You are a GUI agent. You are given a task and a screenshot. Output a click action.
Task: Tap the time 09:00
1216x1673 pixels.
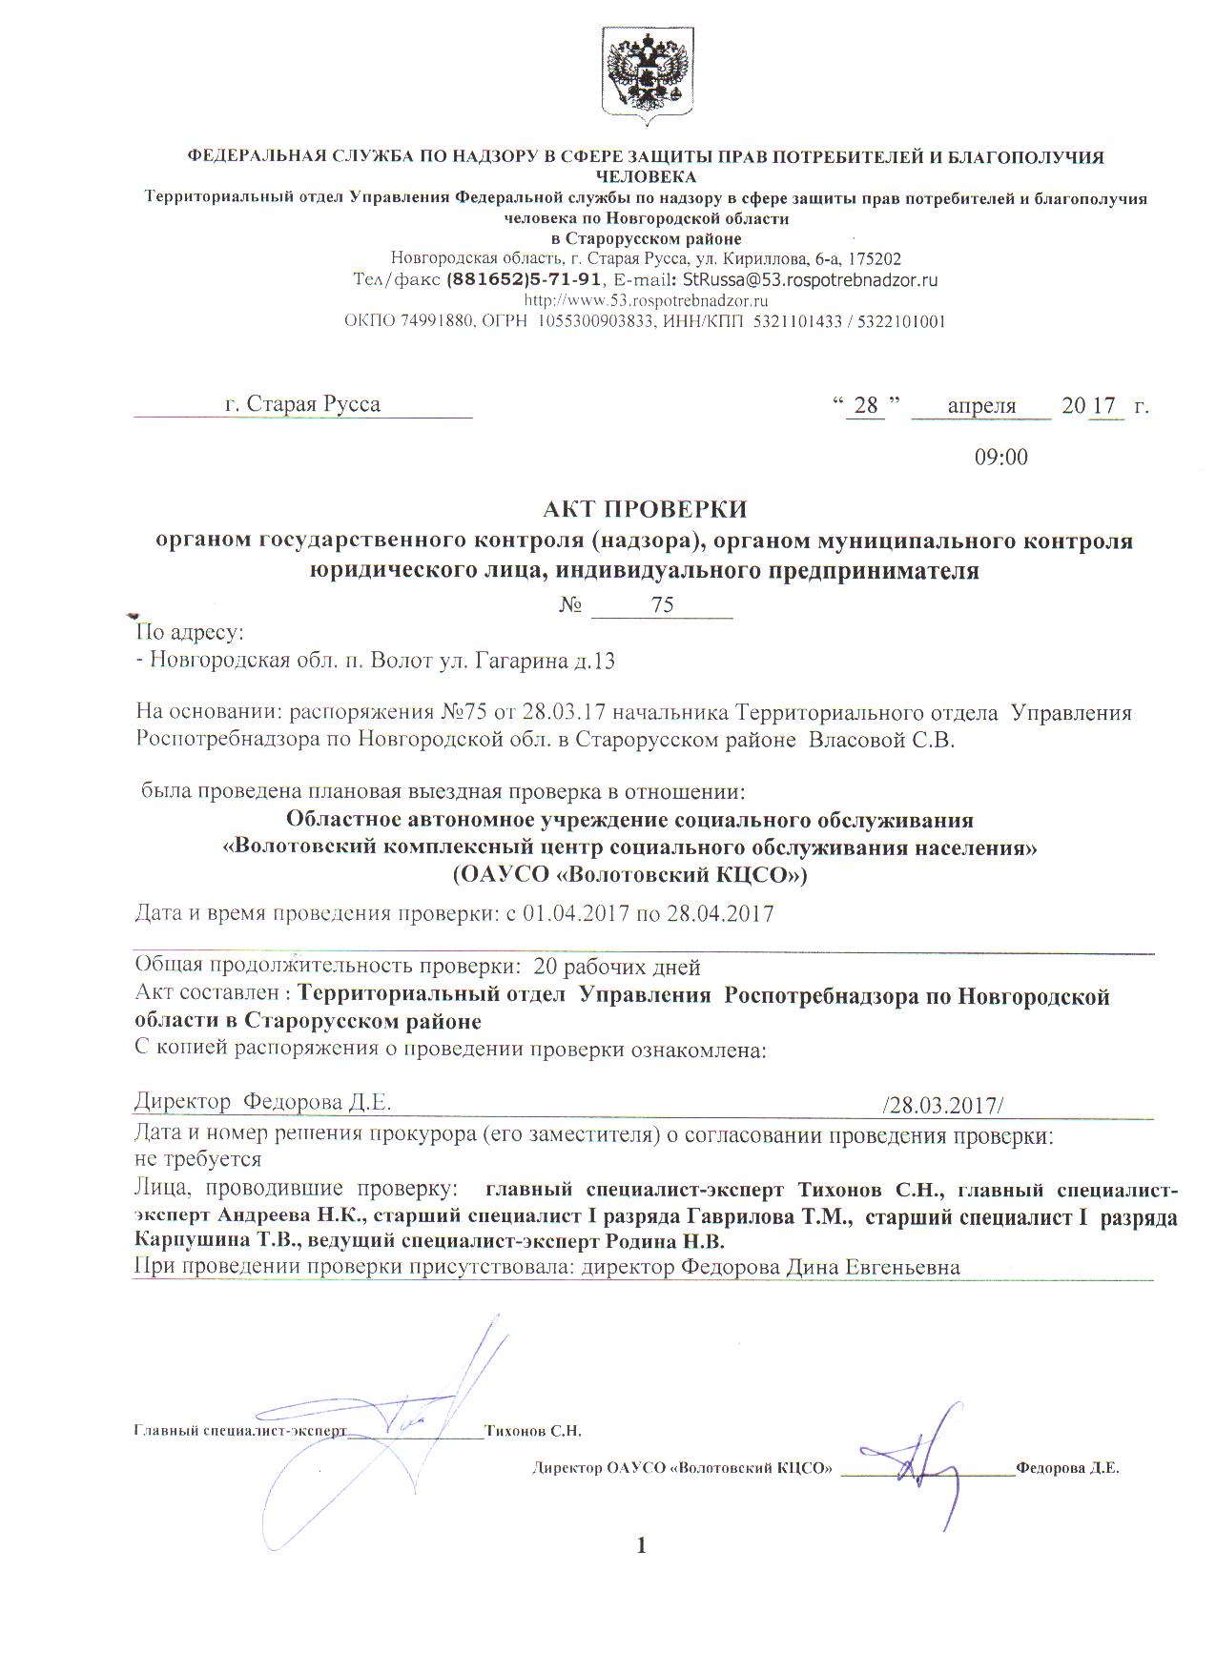pyautogui.click(x=1000, y=458)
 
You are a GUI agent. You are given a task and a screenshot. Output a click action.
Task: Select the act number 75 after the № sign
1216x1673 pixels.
pyautogui.click(x=662, y=605)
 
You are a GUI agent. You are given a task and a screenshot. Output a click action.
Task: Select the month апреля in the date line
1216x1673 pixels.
pyautogui.click(x=981, y=406)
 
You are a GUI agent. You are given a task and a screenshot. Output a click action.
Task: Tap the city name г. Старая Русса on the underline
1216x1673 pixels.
pyautogui.click(x=302, y=404)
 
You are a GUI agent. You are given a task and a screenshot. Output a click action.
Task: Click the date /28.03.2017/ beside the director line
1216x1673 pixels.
pyautogui.click(x=942, y=1105)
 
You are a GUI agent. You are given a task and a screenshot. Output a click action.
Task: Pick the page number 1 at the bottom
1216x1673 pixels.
pyautogui.click(x=641, y=1545)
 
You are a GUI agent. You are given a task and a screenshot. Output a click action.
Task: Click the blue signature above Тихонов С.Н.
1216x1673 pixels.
pyautogui.click(x=420, y=1411)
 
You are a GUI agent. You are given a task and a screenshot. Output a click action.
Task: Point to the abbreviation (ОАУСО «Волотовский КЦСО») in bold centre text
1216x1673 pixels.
pyautogui.click(x=629, y=874)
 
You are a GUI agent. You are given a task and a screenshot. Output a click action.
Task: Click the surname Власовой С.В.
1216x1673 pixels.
pyautogui.click(x=881, y=741)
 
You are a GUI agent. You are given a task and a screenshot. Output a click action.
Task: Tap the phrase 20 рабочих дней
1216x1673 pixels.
pyautogui.click(x=617, y=968)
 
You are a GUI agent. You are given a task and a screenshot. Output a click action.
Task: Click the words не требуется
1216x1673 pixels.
pyautogui.click(x=198, y=1159)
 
